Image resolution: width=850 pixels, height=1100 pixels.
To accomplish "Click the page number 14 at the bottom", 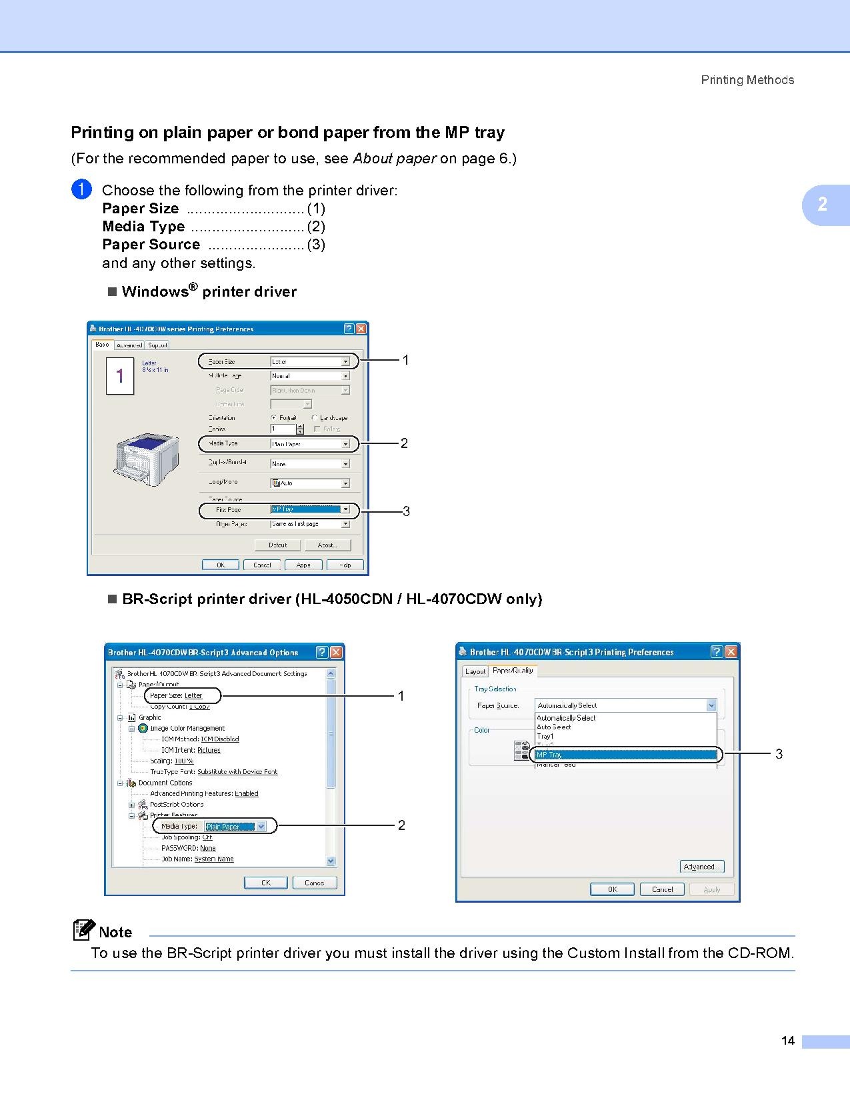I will point(788,1041).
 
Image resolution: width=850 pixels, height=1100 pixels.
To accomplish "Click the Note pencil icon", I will point(84,930).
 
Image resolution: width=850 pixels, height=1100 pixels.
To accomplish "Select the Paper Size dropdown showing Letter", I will point(310,361).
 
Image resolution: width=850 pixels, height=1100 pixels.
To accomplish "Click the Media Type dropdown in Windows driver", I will point(310,443).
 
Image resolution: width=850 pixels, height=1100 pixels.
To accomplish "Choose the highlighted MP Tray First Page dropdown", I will point(310,509).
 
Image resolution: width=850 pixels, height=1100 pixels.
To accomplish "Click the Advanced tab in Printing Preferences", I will point(129,345).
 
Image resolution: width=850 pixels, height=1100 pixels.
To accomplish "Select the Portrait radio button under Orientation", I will point(274,418).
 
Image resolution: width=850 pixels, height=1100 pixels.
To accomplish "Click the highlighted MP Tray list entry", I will point(625,755).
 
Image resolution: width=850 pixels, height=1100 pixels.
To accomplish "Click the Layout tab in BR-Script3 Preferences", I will point(475,671).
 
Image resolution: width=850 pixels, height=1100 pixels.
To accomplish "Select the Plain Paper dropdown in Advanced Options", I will point(235,827).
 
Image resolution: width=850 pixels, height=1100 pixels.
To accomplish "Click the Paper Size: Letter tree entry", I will point(176,695).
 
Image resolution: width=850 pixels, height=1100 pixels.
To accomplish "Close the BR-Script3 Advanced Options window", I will point(337,652).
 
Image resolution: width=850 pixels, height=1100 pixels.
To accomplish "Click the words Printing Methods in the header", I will point(747,80).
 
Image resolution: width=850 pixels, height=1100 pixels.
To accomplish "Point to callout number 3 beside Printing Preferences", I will point(779,754).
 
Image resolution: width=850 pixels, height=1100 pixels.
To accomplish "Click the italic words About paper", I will point(394,159).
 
